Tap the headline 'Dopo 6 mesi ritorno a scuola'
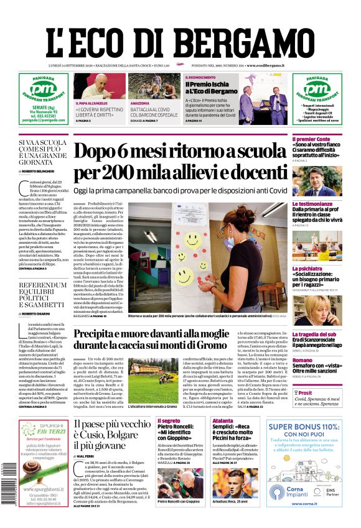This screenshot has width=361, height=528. click(180, 152)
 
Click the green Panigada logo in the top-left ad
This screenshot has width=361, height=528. click(43, 90)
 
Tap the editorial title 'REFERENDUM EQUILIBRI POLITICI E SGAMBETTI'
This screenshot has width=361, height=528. click(42, 296)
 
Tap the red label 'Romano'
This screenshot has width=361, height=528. click(302, 360)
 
